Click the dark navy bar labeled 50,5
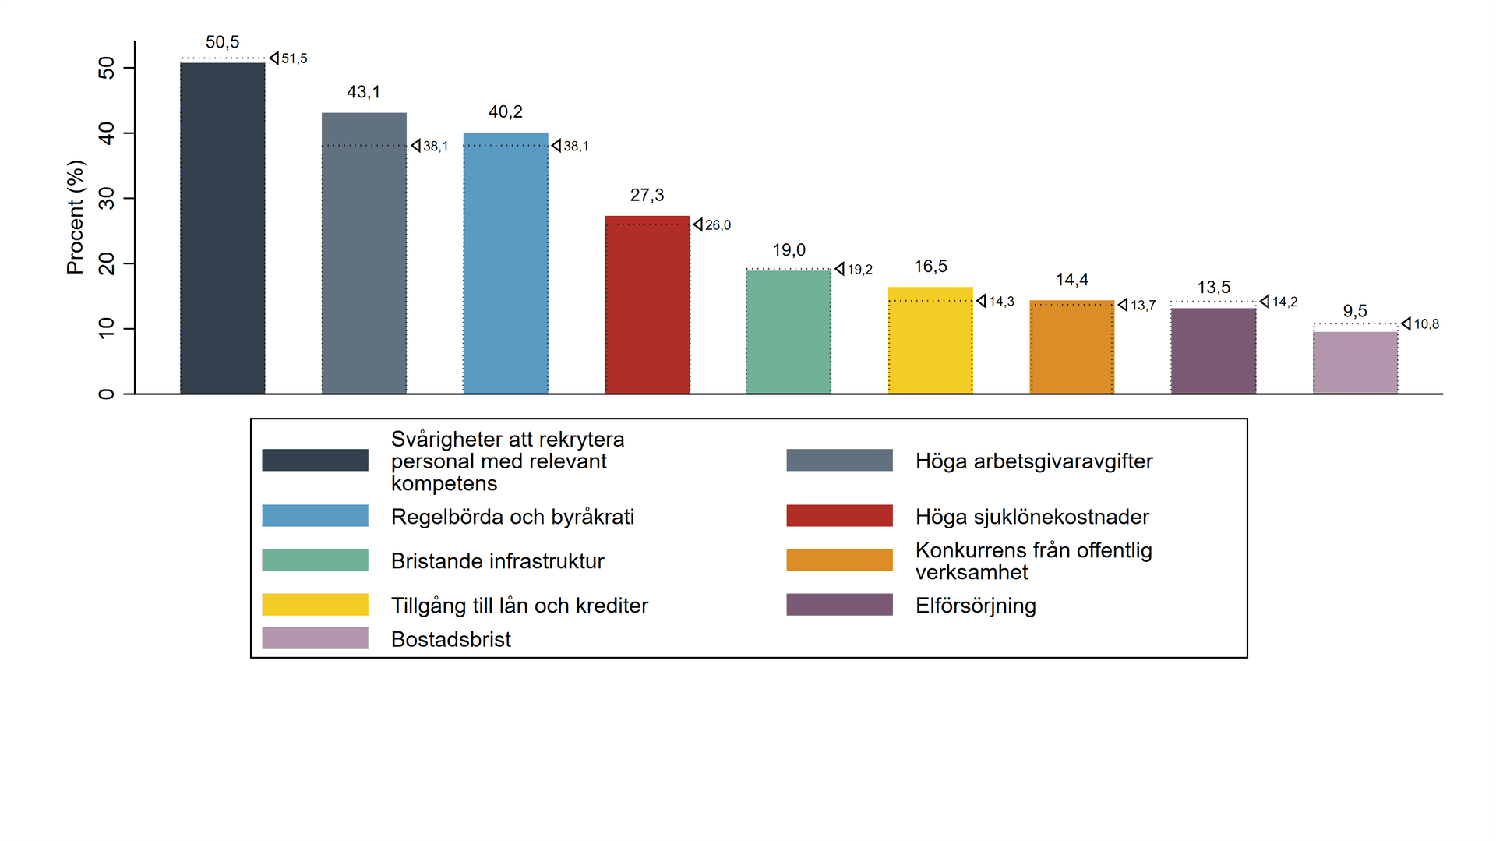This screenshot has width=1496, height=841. [x=222, y=228]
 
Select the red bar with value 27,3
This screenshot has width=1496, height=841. [x=647, y=305]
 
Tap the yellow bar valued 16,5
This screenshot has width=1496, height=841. [x=930, y=341]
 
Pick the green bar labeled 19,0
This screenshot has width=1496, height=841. [x=789, y=332]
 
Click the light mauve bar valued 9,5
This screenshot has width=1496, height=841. [x=1355, y=362]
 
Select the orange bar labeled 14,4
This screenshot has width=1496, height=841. [x=1072, y=347]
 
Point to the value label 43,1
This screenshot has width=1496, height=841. [x=364, y=92]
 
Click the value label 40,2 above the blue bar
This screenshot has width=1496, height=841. [x=506, y=112]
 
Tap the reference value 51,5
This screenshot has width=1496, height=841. [x=295, y=58]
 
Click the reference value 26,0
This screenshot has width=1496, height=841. [x=718, y=225]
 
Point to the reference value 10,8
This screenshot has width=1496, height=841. [x=1426, y=324]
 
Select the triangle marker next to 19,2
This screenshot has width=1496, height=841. [x=839, y=269]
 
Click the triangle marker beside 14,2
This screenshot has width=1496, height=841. [x=1265, y=302]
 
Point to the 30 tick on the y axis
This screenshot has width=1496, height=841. [x=107, y=199]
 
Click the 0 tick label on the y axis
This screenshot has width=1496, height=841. [x=107, y=394]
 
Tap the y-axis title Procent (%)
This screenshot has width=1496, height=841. [x=75, y=217]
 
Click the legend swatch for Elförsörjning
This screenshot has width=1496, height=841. [x=839, y=605]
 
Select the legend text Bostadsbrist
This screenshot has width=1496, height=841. [x=450, y=639]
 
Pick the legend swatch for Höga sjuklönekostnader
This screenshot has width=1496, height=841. [x=839, y=516]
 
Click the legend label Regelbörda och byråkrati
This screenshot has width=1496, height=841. [x=513, y=517]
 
